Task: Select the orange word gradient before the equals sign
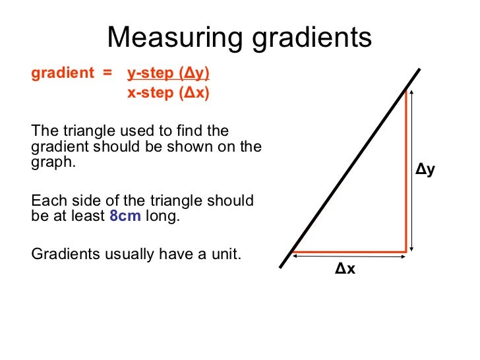click(x=63, y=73)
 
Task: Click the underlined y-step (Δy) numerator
click(x=167, y=73)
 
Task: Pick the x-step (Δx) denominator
click(x=167, y=93)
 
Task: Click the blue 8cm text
click(x=125, y=216)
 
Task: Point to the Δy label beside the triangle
click(x=425, y=170)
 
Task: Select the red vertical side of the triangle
click(x=405, y=171)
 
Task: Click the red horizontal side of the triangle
click(x=349, y=252)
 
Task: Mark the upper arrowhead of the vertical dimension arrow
click(x=412, y=94)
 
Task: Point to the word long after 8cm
click(x=162, y=216)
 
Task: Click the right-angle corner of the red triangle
click(x=405, y=252)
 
